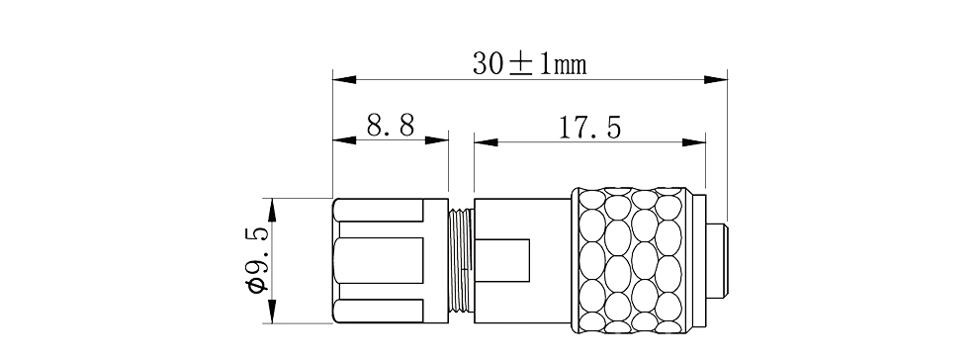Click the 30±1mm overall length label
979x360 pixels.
529,63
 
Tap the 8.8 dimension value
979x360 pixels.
391,126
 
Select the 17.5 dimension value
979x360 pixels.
589,128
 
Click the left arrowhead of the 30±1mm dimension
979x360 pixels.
344,80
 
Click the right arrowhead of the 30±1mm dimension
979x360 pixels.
716,80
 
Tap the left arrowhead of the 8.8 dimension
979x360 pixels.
344,140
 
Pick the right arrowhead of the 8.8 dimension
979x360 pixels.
437,140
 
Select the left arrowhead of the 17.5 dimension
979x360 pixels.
486,142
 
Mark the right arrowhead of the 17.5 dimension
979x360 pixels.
693,142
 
